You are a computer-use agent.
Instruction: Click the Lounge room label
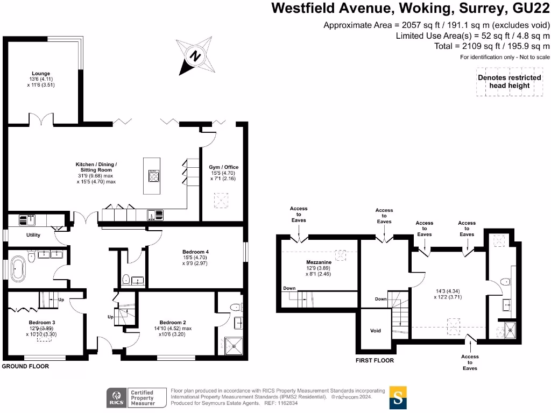(x=40, y=74)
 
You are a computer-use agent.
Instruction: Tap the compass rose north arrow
(x=195, y=55)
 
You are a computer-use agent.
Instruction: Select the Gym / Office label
(x=223, y=167)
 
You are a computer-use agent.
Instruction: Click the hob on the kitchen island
(x=153, y=176)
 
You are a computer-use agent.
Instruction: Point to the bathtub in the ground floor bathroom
(x=18, y=268)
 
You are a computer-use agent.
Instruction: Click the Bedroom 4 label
(x=195, y=252)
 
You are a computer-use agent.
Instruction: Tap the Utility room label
(x=33, y=235)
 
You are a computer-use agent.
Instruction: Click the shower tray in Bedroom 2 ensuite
(x=234, y=345)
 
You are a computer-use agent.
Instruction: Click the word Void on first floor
(x=376, y=331)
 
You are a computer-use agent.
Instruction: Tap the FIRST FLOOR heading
(x=375, y=360)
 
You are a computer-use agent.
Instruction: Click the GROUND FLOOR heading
(x=25, y=366)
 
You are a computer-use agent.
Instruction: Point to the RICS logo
(x=115, y=398)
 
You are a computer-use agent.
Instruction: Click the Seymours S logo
(x=398, y=397)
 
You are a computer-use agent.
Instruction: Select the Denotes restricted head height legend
(x=509, y=81)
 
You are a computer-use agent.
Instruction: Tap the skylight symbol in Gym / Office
(x=222, y=201)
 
